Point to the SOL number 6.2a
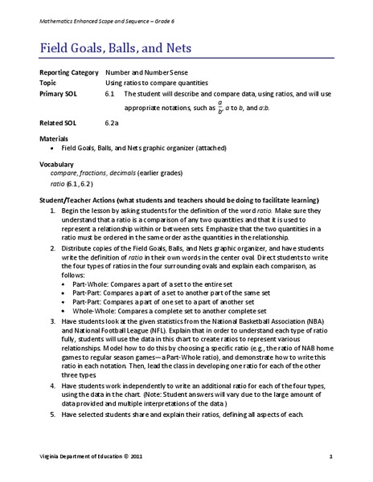[x=113, y=123]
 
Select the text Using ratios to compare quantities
[x=157, y=83]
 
